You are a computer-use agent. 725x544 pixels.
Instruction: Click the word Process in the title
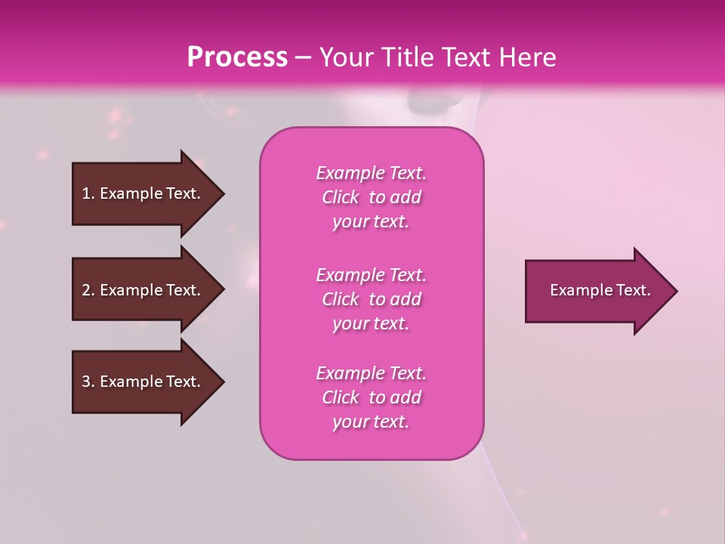237,57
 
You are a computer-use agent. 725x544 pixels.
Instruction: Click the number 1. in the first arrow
88,193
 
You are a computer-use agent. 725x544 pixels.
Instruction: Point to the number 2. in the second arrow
88,290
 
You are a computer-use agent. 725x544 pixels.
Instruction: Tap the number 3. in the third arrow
88,382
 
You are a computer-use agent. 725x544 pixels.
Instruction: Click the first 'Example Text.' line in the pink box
371,173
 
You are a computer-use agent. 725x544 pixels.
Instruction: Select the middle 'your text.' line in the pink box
371,323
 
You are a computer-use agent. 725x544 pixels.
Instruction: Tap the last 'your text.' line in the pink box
371,422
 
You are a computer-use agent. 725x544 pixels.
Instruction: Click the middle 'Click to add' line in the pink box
371,299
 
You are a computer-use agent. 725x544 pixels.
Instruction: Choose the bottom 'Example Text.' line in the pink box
371,373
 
